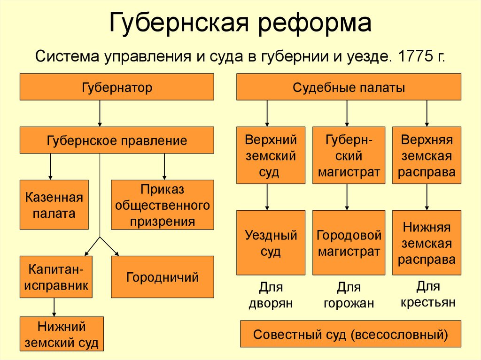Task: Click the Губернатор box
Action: [117, 87]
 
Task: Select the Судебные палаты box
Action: [349, 87]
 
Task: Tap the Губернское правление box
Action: [117, 140]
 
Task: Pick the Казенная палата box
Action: [54, 205]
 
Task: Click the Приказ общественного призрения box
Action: [163, 205]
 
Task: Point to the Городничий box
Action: [163, 277]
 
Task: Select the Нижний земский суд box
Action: [62, 334]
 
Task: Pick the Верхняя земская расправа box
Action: [427, 155]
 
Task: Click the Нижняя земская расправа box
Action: [427, 242]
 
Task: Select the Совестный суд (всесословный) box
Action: [350, 334]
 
